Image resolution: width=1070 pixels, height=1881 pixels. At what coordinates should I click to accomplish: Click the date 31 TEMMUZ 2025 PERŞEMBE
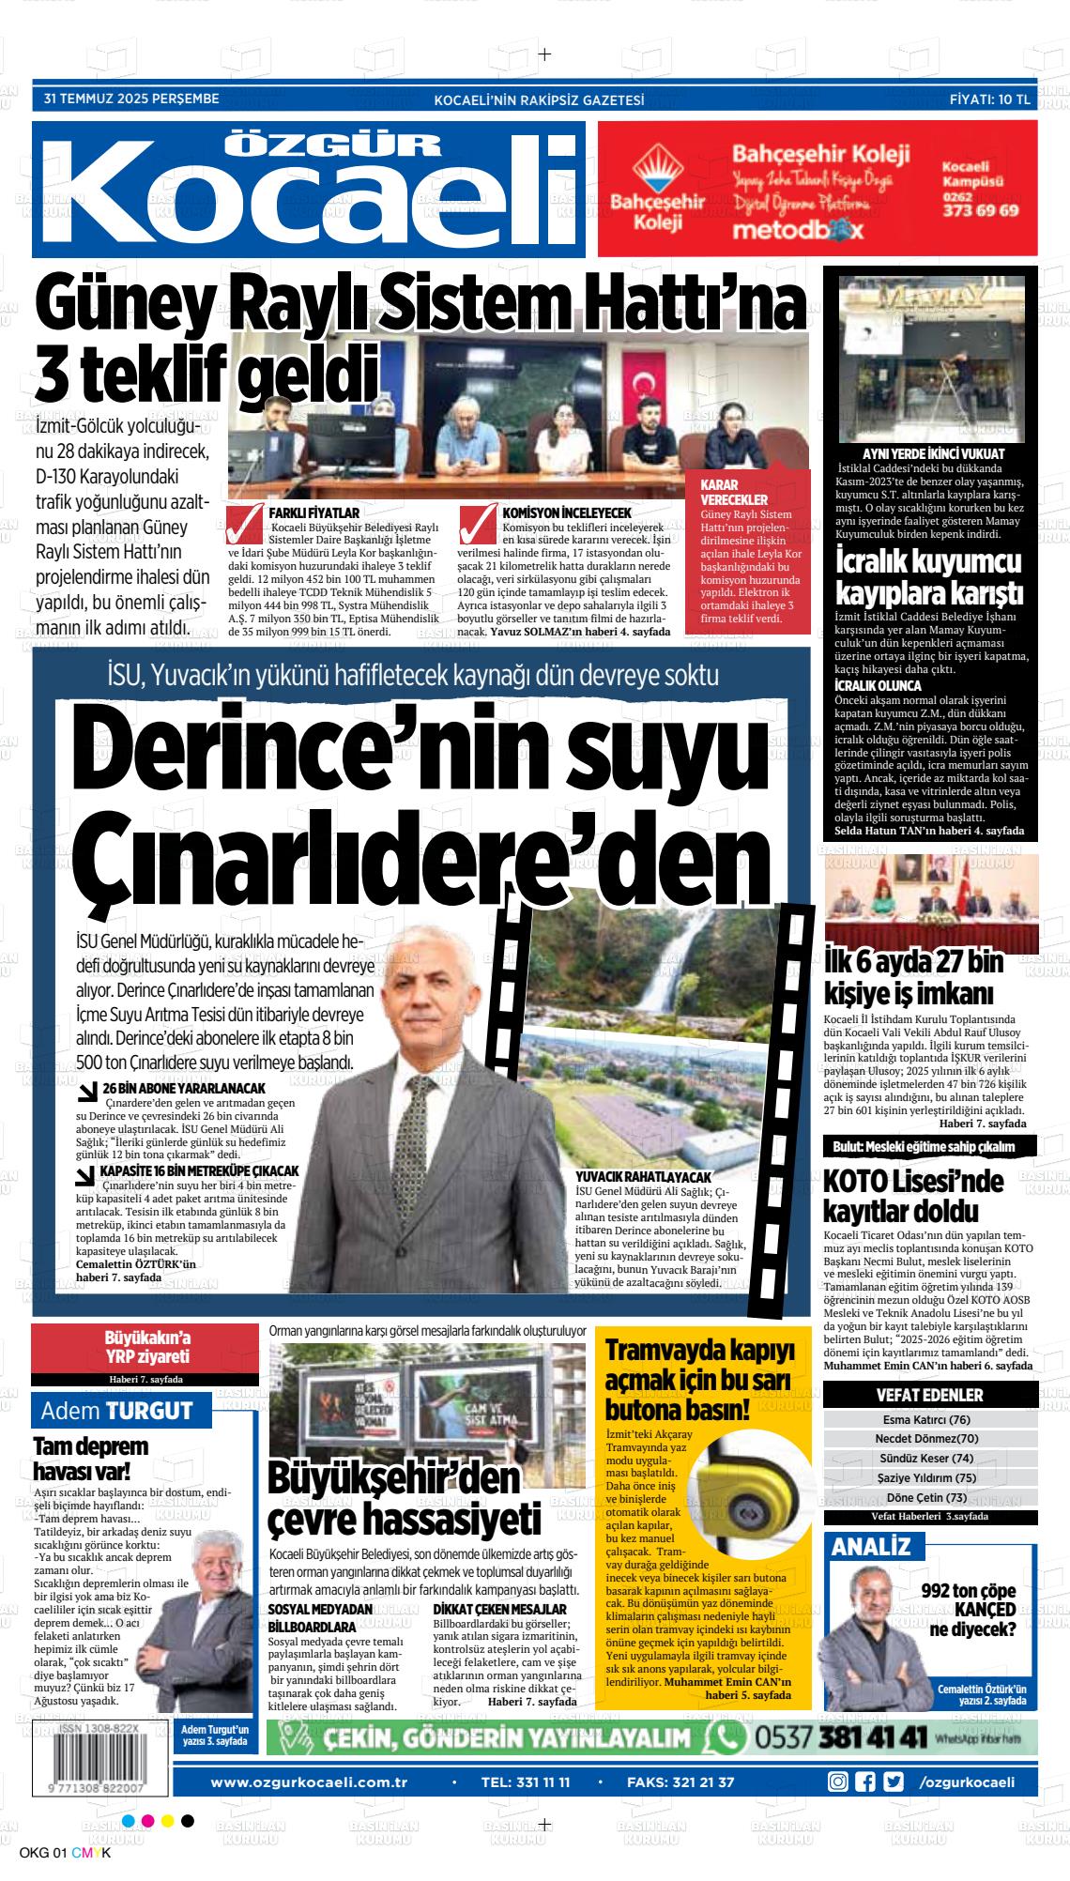click(x=131, y=99)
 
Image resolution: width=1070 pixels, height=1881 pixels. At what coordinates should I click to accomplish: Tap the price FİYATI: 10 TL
click(x=990, y=99)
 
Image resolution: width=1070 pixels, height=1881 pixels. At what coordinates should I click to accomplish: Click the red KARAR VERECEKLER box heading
click(x=734, y=492)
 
